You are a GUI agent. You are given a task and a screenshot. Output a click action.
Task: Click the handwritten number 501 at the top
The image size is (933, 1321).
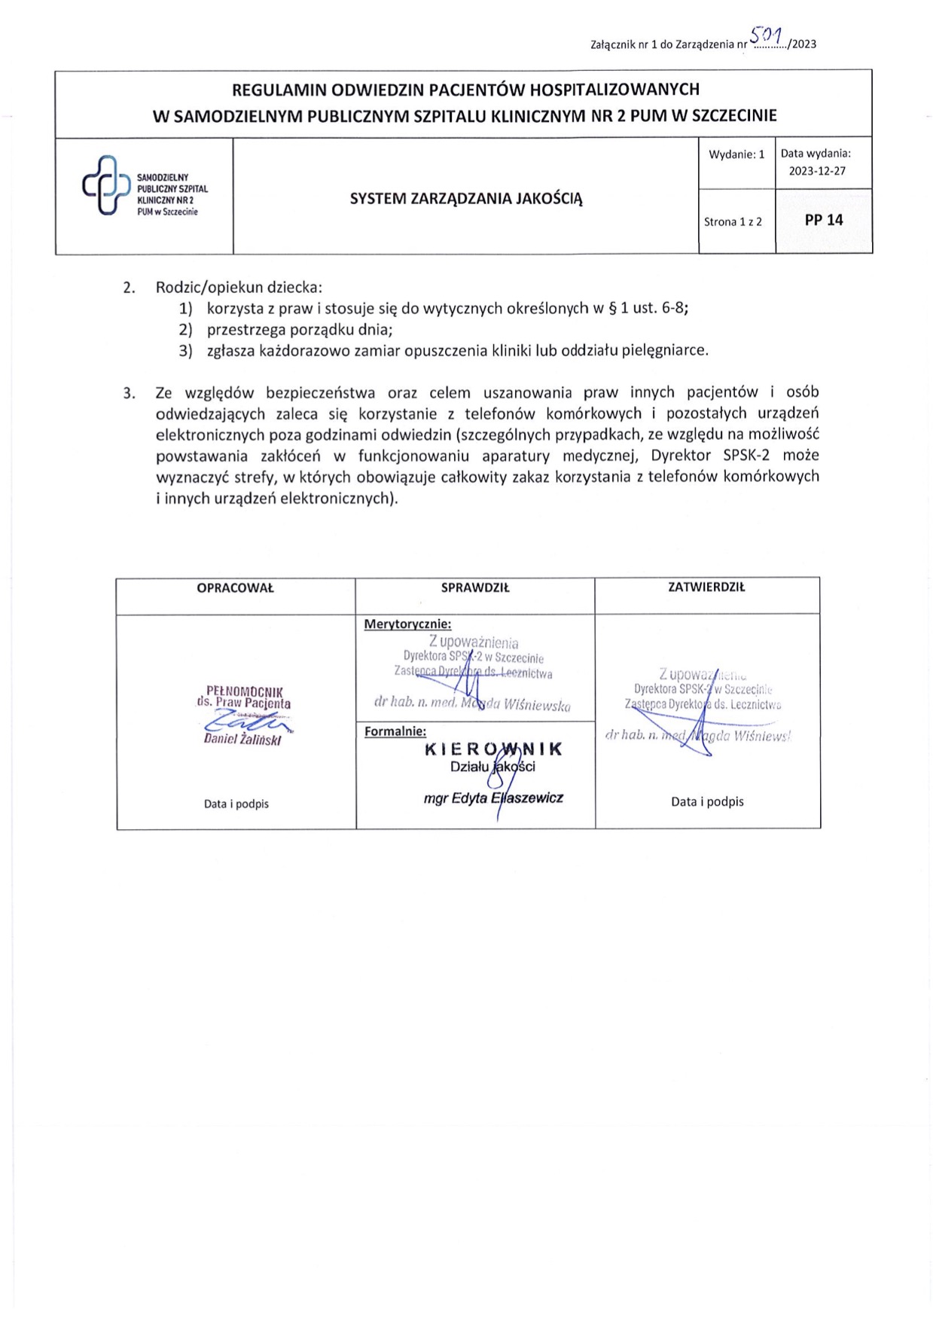pyautogui.click(x=767, y=35)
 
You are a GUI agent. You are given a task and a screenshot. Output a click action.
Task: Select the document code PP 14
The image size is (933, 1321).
pyautogui.click(x=824, y=220)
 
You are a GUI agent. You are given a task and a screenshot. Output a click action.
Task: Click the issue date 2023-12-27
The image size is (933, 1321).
pyautogui.click(x=817, y=171)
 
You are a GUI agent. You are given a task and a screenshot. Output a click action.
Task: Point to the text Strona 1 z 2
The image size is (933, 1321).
pyautogui.click(x=733, y=221)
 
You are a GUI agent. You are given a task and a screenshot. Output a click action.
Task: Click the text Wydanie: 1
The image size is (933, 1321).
pyautogui.click(x=736, y=154)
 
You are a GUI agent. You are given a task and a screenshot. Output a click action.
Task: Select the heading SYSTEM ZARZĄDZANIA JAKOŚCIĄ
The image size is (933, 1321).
pyautogui.click(x=466, y=199)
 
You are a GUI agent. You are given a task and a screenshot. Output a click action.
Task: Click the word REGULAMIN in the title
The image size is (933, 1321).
pyautogui.click(x=279, y=90)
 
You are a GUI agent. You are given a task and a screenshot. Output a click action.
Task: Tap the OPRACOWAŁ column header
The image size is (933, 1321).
pyautogui.click(x=235, y=588)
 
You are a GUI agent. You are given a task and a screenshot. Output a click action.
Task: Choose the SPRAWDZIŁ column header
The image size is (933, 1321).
pyautogui.click(x=475, y=588)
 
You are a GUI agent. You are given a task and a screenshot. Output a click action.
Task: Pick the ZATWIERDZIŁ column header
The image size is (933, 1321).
pyautogui.click(x=706, y=587)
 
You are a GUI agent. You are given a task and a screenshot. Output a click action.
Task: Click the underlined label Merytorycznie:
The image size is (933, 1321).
pyautogui.click(x=407, y=624)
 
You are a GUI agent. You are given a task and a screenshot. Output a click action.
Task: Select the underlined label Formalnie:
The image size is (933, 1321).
pyautogui.click(x=395, y=731)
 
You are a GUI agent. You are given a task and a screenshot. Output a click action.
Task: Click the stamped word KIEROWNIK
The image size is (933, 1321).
pyautogui.click(x=494, y=749)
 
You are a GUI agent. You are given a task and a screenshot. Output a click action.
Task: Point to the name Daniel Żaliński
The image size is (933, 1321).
pyautogui.click(x=242, y=740)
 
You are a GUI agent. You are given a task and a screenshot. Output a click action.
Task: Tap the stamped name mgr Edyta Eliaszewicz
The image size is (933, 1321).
pyautogui.click(x=493, y=798)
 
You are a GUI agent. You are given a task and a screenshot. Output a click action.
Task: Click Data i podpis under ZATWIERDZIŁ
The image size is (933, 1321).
pyautogui.click(x=707, y=801)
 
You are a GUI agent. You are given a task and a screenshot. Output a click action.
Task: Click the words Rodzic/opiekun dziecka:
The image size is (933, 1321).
pyautogui.click(x=239, y=287)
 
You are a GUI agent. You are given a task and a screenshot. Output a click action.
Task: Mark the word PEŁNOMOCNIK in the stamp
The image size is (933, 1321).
pyautogui.click(x=244, y=691)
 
